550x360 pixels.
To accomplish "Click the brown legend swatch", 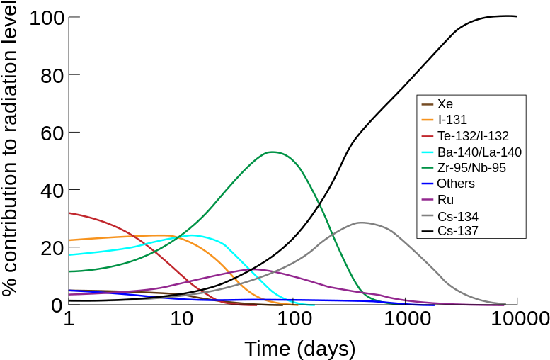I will tap(428, 104).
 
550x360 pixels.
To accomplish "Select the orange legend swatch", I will tap(428, 120).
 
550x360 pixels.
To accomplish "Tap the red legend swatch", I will tap(428, 136).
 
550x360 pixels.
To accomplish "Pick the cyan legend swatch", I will tap(428, 152).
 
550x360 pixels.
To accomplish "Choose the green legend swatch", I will tap(428, 168).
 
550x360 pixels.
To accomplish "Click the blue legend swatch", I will tap(428, 184).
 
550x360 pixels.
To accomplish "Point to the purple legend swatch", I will tap(428, 200).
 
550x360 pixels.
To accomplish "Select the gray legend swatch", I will tap(428, 215).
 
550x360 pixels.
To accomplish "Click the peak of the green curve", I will tap(272, 152).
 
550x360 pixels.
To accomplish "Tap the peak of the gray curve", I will tap(362, 223).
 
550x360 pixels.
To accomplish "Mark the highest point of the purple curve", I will tap(258, 269).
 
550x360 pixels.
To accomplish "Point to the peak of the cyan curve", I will tap(192, 235).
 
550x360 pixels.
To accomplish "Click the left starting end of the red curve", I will tap(69, 213).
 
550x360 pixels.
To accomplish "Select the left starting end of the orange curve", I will tap(69, 240).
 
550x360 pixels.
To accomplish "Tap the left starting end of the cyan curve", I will tap(69, 254).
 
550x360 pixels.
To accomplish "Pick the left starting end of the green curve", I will tap(69, 271).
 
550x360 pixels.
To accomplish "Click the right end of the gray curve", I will tap(505, 303).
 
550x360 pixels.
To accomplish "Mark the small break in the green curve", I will tap(319, 203).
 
